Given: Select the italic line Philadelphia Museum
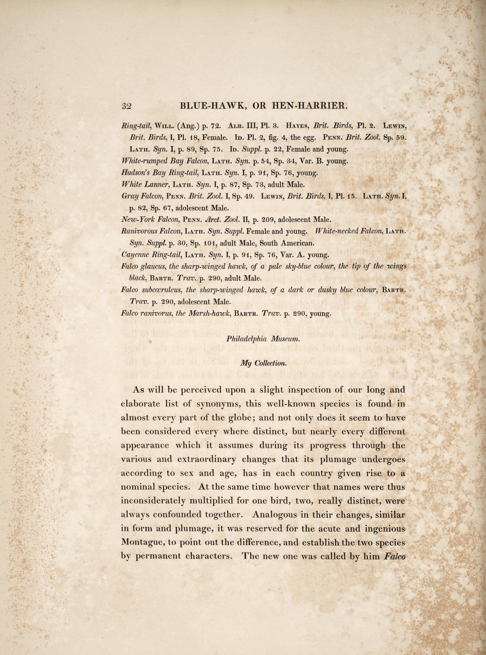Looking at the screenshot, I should pyautogui.click(x=263, y=339).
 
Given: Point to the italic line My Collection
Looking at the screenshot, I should pyautogui.click(x=263, y=363).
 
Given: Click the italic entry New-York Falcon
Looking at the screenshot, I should pyautogui.click(x=150, y=220).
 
